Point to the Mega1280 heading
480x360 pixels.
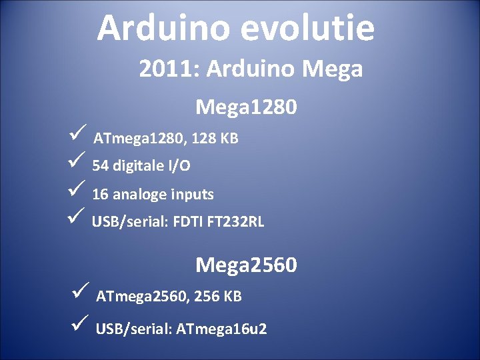tap(246, 107)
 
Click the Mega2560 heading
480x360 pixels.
tap(246, 265)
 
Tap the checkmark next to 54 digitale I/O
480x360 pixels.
tap(75, 162)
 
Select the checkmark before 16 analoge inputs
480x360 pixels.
tap(75, 190)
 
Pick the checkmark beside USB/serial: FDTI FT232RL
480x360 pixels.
tap(75, 217)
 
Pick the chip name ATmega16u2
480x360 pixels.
tap(222, 329)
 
